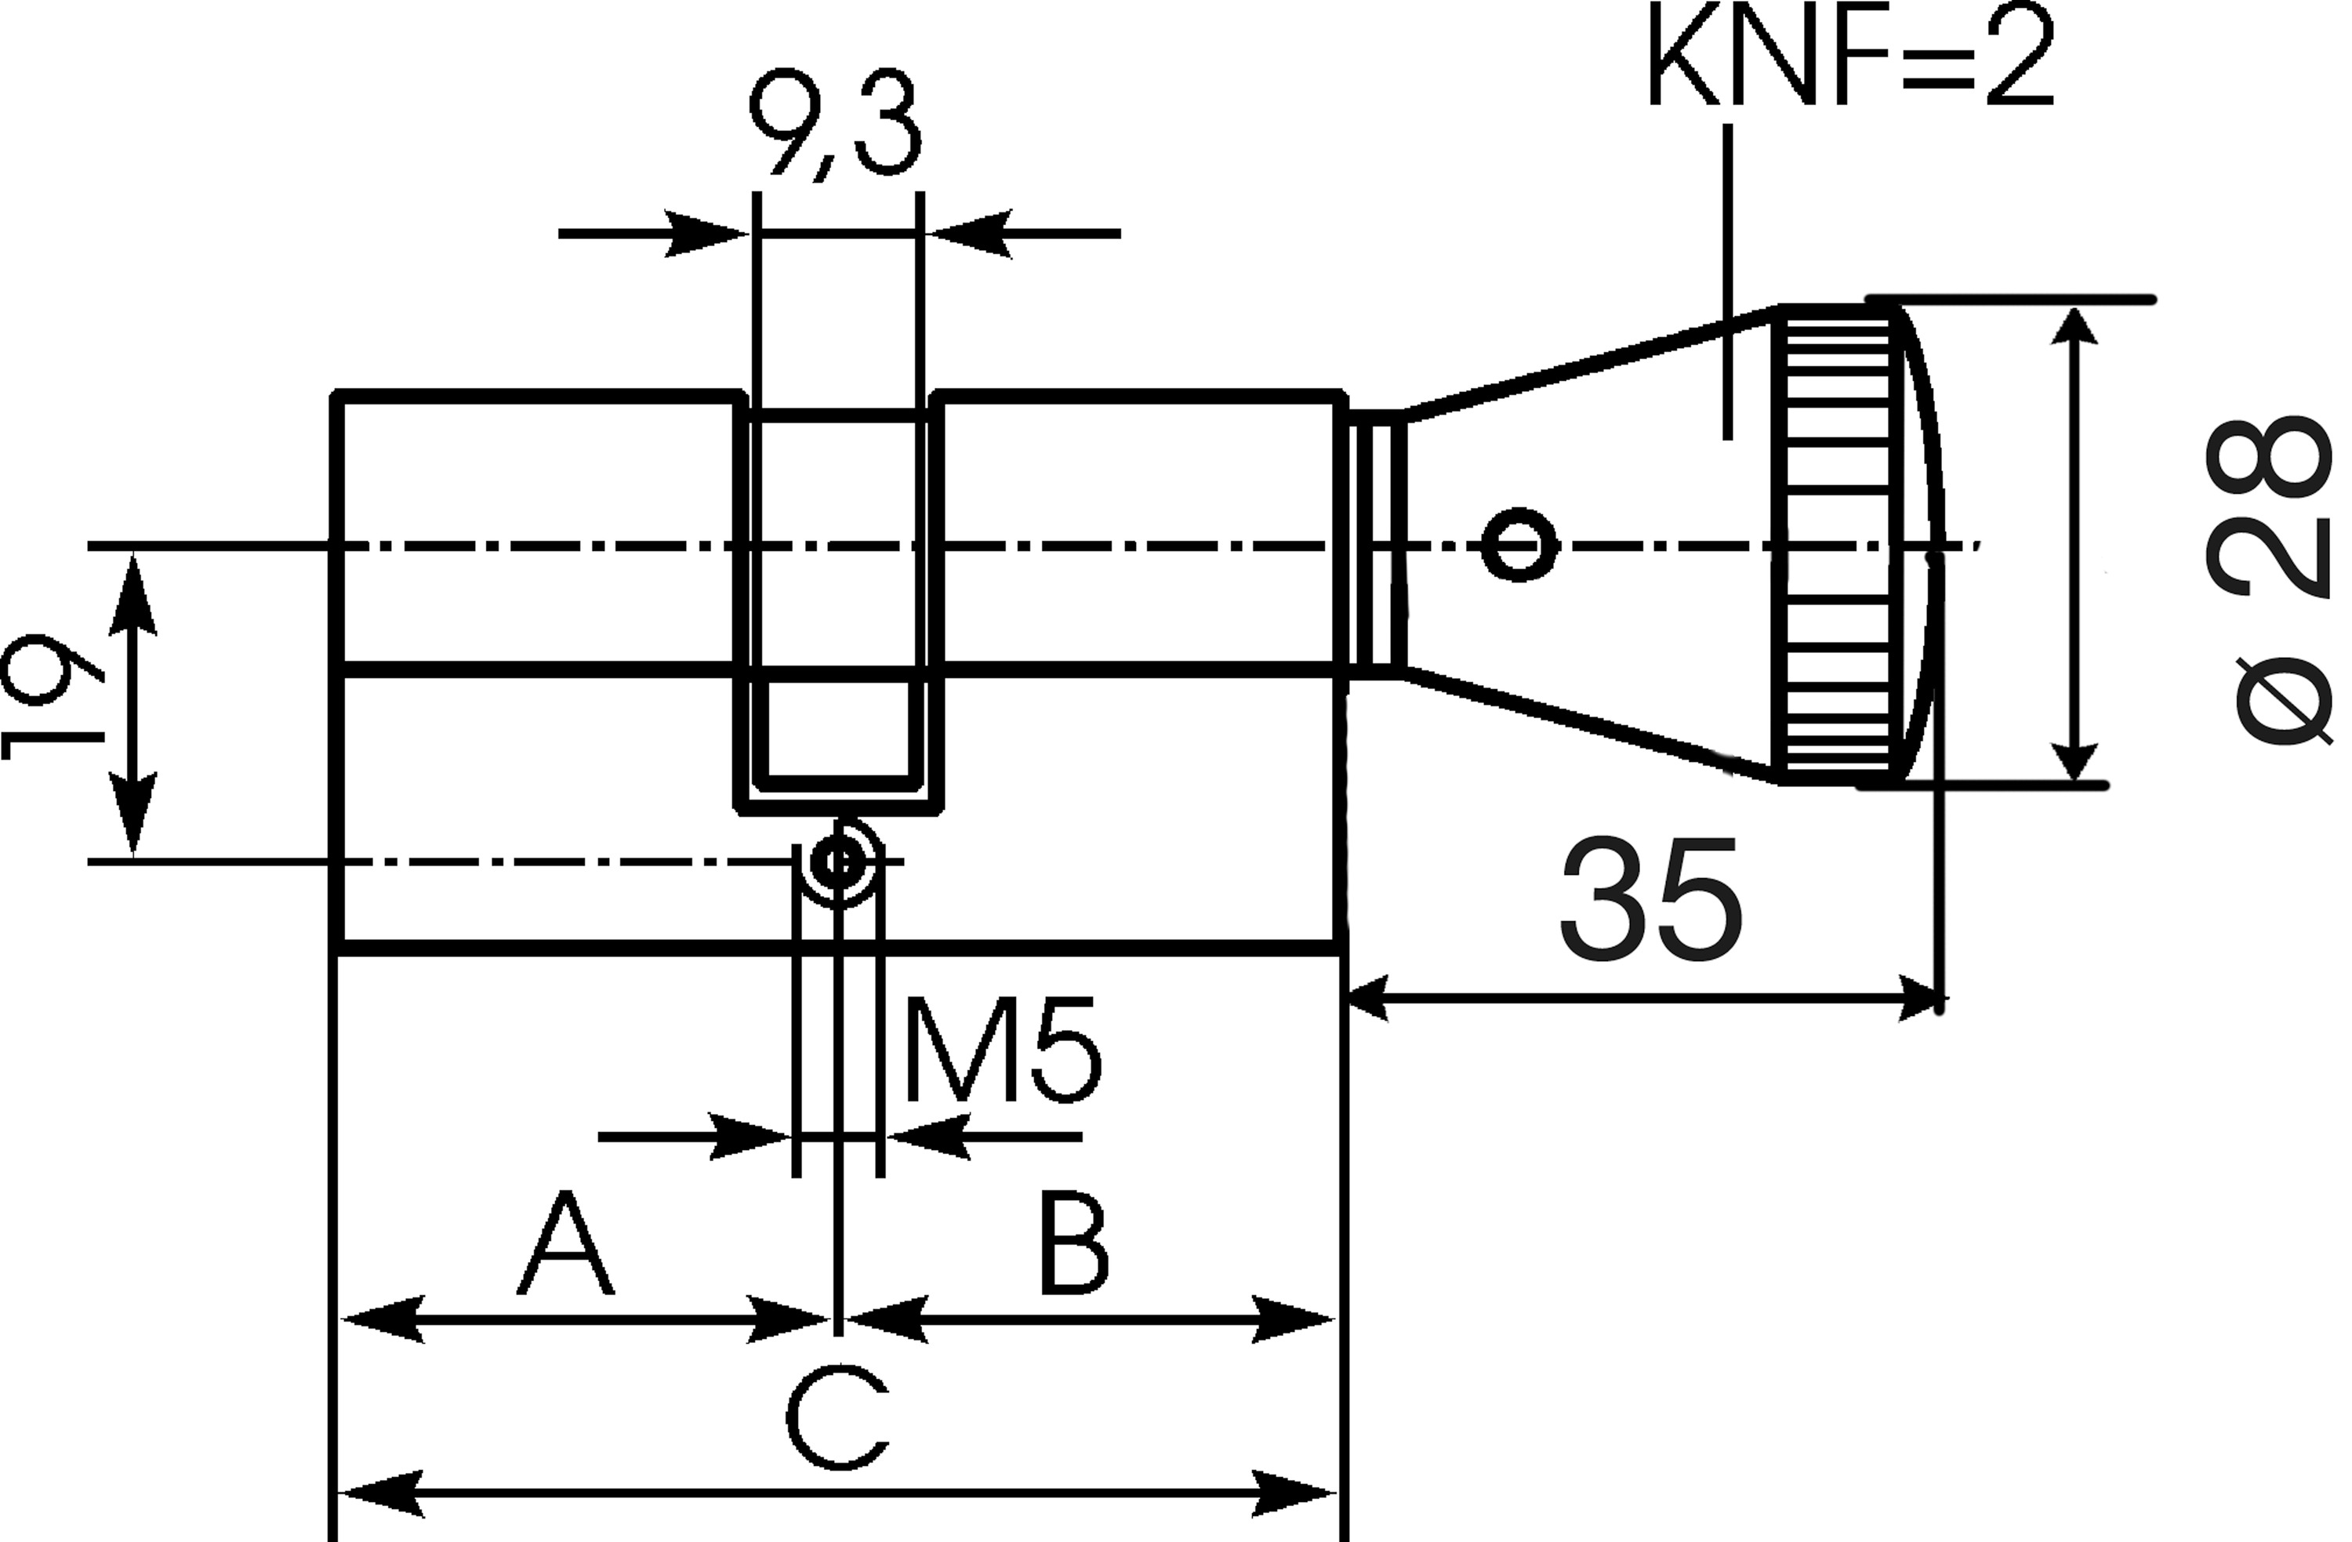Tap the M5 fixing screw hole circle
[838, 862]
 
